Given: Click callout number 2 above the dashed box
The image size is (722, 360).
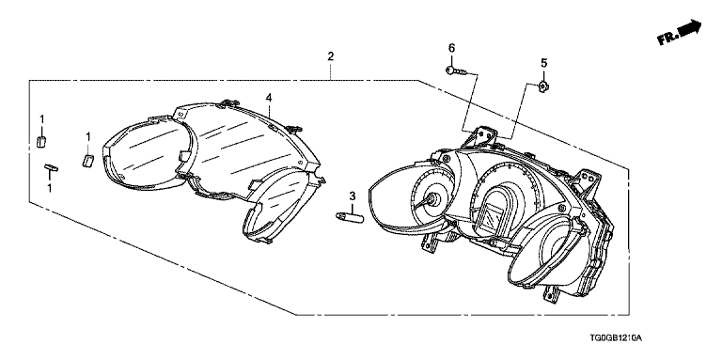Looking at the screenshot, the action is pyautogui.click(x=330, y=56).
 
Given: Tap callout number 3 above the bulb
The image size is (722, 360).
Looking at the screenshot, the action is pyautogui.click(x=353, y=196).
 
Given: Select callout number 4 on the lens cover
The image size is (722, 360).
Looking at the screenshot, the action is pyautogui.click(x=269, y=97).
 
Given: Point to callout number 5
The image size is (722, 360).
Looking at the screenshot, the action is pyautogui.click(x=543, y=62).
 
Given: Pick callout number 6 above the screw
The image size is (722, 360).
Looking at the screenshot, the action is pyautogui.click(x=451, y=47).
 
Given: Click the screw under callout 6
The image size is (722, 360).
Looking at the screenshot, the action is pyautogui.click(x=455, y=70).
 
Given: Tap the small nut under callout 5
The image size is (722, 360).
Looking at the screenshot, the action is pyautogui.click(x=543, y=85).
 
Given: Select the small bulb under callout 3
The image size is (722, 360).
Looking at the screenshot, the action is pyautogui.click(x=350, y=216).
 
